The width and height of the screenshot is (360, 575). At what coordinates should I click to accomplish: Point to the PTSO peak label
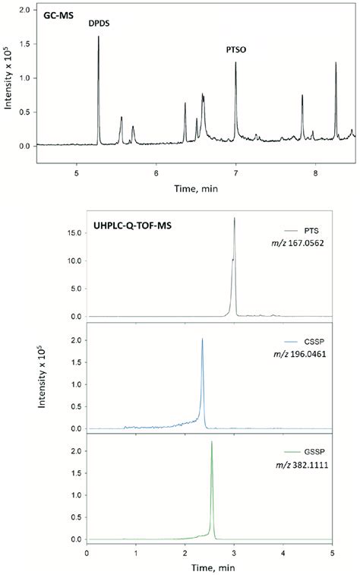click(x=236, y=49)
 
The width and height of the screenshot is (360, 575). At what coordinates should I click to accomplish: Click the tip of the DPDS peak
click(x=99, y=36)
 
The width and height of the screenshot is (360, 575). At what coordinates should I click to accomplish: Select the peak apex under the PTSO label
click(x=236, y=62)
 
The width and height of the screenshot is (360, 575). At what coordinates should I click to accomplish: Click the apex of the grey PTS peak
click(x=234, y=219)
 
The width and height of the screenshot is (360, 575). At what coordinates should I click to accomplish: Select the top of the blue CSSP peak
click(x=202, y=340)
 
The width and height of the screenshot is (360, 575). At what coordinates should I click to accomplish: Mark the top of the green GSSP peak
click(x=211, y=442)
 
